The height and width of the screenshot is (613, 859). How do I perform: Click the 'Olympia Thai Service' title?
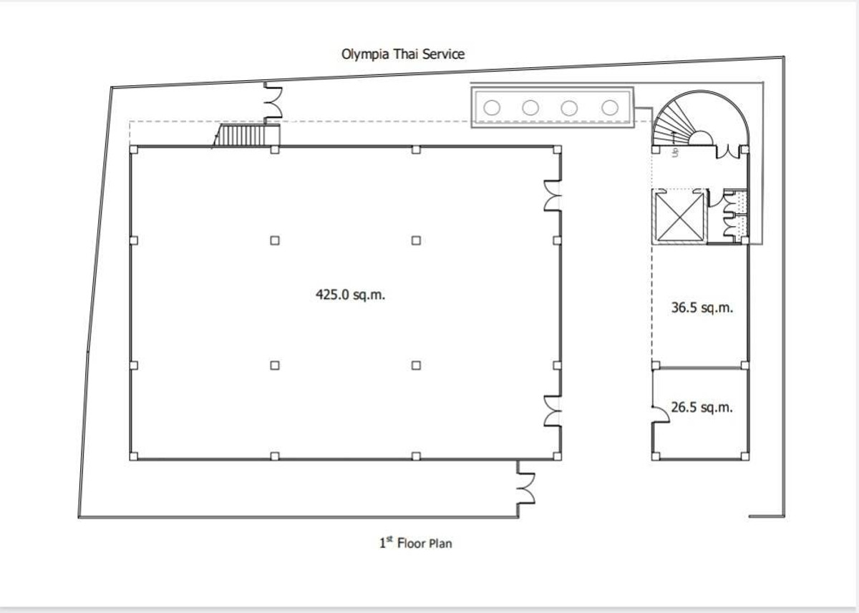coord(403,54)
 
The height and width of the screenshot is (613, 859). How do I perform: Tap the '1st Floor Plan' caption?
coord(416,543)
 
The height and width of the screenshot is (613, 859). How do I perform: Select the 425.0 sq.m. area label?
coord(350,295)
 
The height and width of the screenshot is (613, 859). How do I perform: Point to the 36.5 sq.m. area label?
coord(702,308)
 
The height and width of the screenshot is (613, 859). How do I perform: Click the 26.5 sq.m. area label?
coord(702,407)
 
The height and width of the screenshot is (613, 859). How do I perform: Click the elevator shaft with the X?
coord(679,217)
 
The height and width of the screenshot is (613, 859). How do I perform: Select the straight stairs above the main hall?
coord(246,135)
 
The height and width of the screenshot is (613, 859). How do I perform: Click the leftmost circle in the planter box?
coord(492,108)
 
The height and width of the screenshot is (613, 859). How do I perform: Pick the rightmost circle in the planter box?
coord(610,108)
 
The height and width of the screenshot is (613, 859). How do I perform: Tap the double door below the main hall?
coord(525,489)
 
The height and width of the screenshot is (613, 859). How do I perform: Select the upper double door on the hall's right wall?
coord(553,195)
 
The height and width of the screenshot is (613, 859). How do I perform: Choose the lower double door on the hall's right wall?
coord(553,411)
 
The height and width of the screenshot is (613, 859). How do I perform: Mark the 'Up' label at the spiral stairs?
coord(675,152)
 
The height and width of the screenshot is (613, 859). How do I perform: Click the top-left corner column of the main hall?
coord(133,149)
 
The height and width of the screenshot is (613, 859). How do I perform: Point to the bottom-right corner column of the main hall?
coord(557,456)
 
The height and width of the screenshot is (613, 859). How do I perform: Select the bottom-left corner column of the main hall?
coord(133,456)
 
